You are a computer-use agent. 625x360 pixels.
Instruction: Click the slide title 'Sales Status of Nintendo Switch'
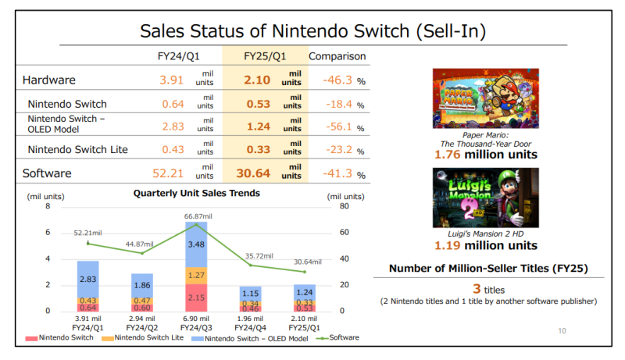pyautogui.click(x=312, y=30)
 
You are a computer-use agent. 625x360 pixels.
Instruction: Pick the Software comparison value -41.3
pyautogui.click(x=338, y=173)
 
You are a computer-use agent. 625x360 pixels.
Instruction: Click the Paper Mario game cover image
pyautogui.click(x=485, y=98)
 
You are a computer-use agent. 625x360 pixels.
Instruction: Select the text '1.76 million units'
pyautogui.click(x=485, y=155)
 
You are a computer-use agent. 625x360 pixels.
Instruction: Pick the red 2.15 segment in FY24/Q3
pyautogui.click(x=197, y=298)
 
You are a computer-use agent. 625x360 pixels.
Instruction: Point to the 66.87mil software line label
pyautogui.click(x=197, y=216)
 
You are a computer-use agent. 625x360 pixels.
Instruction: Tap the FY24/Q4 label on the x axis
pyautogui.click(x=250, y=327)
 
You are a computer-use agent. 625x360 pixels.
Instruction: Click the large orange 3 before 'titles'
pyautogui.click(x=475, y=288)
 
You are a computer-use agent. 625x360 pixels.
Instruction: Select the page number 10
pyautogui.click(x=561, y=331)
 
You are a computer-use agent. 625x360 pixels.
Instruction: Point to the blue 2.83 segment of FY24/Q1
pyautogui.click(x=88, y=279)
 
